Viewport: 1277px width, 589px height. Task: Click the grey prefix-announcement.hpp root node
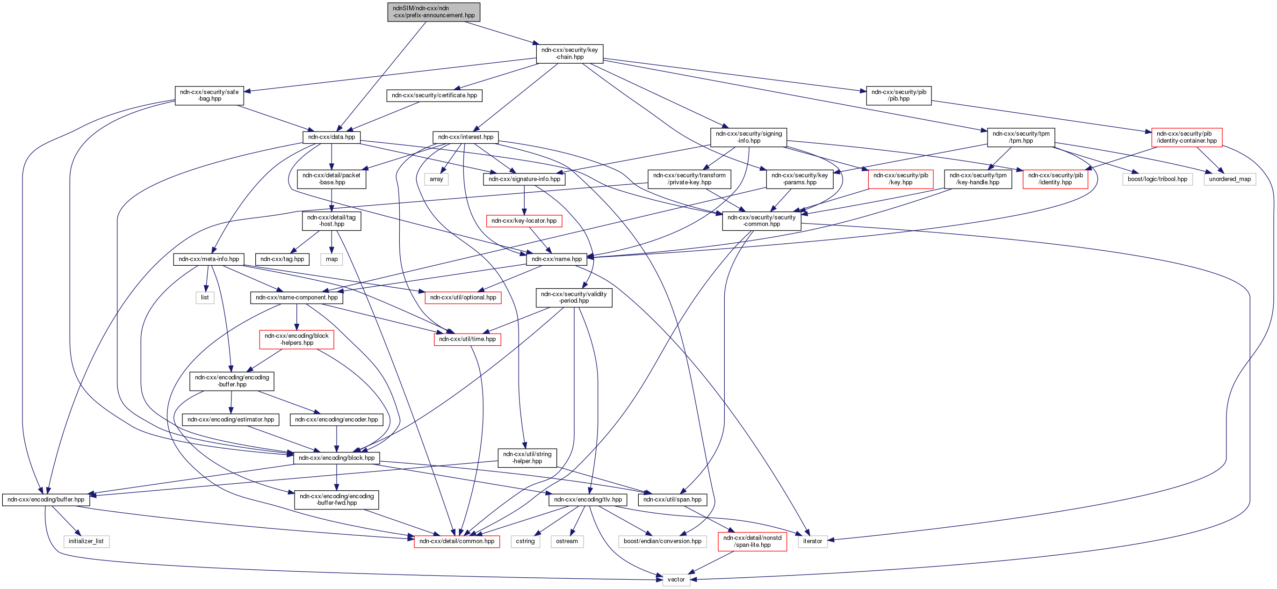[433, 12]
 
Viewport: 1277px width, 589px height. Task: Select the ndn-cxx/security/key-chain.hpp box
[569, 53]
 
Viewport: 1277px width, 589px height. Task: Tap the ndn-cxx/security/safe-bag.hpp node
[209, 95]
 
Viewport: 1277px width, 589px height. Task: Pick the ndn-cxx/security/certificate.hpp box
[434, 95]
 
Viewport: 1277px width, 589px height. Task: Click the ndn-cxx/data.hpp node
[331, 137]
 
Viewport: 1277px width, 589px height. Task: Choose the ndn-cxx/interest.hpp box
[466, 137]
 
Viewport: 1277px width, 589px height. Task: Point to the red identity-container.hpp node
[1186, 138]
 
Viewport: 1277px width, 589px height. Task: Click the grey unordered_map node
[1229, 179]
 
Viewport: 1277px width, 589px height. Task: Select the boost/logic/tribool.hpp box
[1157, 179]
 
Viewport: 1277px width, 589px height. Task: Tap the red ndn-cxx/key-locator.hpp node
[524, 221]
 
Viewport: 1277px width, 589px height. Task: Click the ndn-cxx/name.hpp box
[556, 259]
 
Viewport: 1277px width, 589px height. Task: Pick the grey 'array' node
[436, 179]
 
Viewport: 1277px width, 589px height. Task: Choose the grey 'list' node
[205, 298]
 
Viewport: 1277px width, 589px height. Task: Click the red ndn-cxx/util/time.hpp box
[467, 339]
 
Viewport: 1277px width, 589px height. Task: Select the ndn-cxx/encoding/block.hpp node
[336, 458]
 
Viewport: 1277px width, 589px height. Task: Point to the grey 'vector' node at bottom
[676, 579]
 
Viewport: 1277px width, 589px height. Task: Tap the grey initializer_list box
[86, 541]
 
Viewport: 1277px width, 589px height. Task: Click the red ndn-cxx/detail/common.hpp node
[456, 541]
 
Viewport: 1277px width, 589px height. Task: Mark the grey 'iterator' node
[812, 541]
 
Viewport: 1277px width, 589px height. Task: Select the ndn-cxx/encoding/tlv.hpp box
[587, 499]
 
